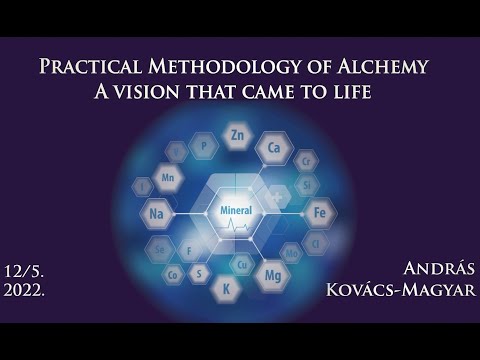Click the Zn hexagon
[x=237, y=135]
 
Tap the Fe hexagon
[x=318, y=212]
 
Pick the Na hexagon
[x=155, y=214]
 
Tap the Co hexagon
[x=174, y=273]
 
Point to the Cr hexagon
[x=306, y=161]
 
